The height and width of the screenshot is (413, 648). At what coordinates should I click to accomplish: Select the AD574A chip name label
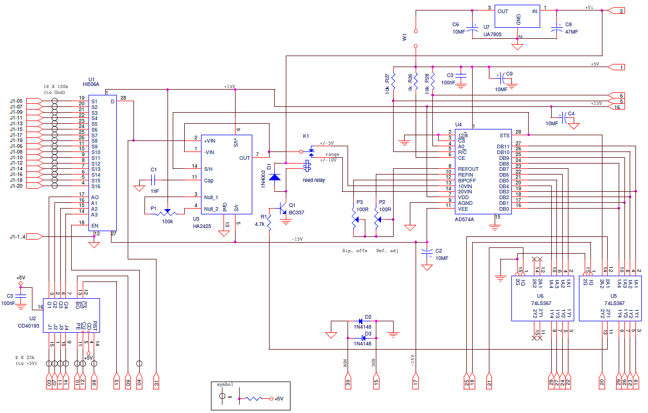coord(465,220)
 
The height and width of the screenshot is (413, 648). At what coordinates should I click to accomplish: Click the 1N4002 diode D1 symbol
coord(274,178)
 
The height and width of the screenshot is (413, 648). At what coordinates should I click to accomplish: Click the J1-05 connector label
coord(16,101)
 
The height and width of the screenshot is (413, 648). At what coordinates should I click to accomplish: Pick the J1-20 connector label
coord(16,186)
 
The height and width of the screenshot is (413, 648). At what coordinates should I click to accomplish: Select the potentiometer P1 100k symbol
coord(167,212)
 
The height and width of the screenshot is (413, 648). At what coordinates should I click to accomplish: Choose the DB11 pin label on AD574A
coord(503,147)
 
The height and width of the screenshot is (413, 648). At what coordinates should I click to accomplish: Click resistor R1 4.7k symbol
coord(269,223)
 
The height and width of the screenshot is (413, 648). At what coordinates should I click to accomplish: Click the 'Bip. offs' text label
coord(354,251)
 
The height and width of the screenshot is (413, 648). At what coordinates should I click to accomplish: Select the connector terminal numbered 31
coord(155,382)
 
